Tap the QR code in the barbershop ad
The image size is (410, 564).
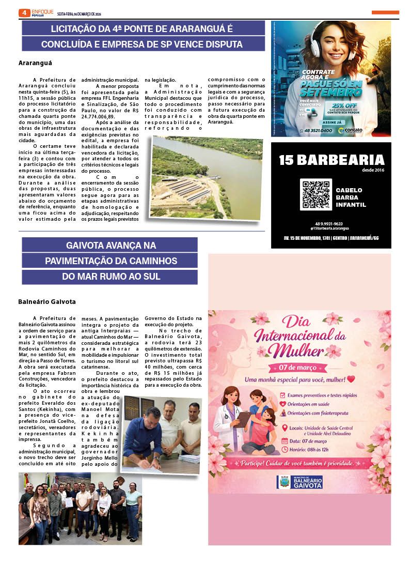click(x=316, y=194)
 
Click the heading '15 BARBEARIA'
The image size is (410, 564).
click(x=332, y=160)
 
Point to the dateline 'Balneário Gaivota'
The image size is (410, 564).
click(x=47, y=301)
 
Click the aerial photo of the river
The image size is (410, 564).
click(x=207, y=177)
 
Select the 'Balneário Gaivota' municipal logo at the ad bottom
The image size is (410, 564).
click(x=300, y=482)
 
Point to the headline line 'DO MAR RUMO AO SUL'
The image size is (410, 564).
click(x=109, y=277)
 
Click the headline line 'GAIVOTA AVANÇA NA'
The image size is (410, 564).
click(x=109, y=245)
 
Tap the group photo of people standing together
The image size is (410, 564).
click(x=80, y=508)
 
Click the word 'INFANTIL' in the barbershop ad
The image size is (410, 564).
click(x=351, y=205)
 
